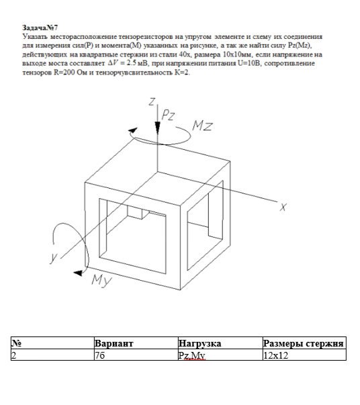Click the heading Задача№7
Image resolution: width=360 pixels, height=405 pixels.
point(40,28)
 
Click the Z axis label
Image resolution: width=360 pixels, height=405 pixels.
point(152,101)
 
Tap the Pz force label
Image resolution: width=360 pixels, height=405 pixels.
point(168,115)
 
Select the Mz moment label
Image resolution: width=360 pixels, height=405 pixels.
point(202,126)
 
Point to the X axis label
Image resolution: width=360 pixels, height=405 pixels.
point(283,207)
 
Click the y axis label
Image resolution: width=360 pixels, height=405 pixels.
point(54,258)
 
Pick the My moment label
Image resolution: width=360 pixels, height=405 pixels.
point(101,281)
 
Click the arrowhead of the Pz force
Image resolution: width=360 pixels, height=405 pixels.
point(158,128)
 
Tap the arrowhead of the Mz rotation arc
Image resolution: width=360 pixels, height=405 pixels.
point(133,131)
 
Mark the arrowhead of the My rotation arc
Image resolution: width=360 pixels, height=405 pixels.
point(78,273)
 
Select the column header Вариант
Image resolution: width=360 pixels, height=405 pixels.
point(114,343)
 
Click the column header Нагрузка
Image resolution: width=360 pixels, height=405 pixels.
point(199,343)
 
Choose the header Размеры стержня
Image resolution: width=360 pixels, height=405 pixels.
point(303,343)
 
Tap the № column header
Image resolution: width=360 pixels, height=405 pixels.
point(17,343)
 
